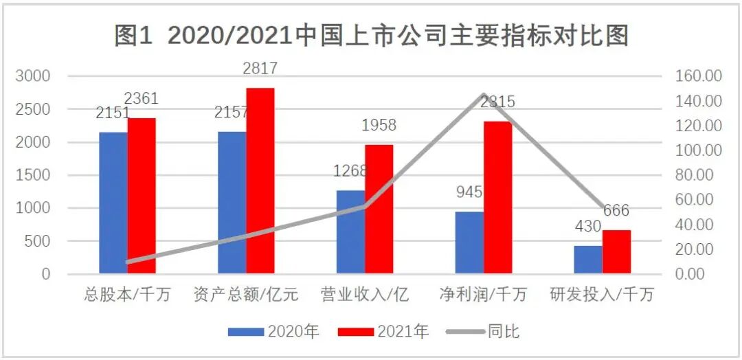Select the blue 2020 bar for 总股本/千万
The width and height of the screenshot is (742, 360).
[113, 203]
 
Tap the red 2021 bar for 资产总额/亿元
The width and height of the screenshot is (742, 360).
[260, 181]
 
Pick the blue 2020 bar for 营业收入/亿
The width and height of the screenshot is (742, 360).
[350, 232]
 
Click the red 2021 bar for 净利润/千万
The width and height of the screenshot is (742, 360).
[497, 197]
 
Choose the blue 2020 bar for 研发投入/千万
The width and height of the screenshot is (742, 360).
[588, 259]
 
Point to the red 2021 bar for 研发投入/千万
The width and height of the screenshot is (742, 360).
[616, 251]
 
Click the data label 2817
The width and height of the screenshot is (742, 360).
[260, 68]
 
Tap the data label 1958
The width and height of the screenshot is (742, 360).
[379, 125]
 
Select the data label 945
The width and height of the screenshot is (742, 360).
[470, 192]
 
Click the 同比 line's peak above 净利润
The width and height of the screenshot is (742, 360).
[484, 95]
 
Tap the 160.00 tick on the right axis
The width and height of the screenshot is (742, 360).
[699, 76]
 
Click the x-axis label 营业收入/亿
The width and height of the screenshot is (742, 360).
[365, 295]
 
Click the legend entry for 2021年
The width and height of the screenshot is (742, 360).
[384, 331]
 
